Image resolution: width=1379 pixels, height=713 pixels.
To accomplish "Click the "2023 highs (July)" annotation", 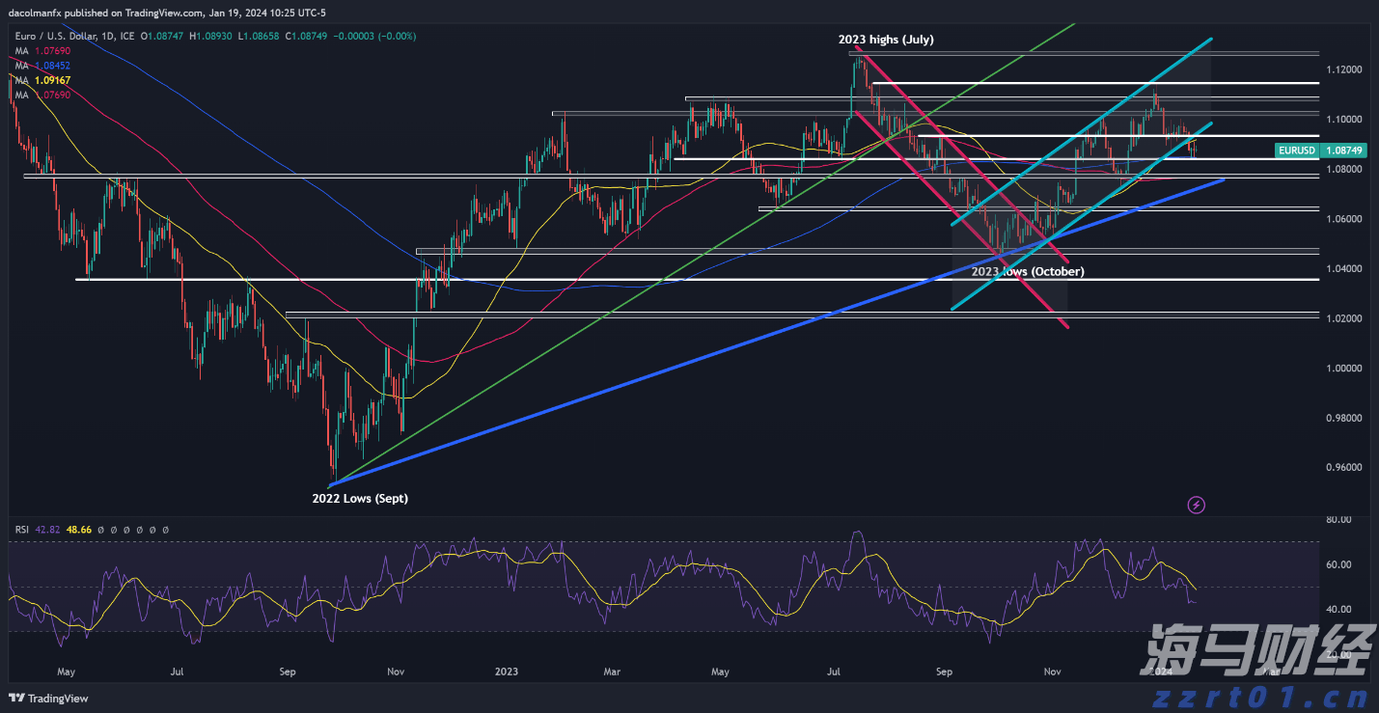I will pos(885,40).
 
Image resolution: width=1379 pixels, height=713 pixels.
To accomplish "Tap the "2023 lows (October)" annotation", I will pos(1027,272).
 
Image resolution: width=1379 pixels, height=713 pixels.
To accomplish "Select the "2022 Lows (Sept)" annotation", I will pos(359,499).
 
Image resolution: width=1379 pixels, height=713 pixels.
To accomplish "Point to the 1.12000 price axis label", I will pos(1343,70).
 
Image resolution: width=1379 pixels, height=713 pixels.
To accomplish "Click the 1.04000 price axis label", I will pos(1343,269).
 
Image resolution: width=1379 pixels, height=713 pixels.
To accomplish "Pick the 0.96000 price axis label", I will pos(1343,468).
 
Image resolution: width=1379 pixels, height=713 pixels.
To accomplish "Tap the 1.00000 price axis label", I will pos(1343,369).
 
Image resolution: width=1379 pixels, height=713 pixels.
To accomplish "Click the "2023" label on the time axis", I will pos(507,670).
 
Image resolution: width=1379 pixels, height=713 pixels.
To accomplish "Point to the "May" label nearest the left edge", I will pos(66,670).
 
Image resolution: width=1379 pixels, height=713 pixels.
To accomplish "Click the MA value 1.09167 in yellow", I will pos(51,81).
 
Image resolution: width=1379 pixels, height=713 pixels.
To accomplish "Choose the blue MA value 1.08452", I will pos(51,66).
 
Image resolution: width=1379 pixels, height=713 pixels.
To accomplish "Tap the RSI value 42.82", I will pos(47,530).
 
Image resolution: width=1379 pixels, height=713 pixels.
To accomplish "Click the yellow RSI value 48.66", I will pos(79,530).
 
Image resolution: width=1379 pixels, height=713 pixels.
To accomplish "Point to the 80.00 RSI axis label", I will pos(1339,520).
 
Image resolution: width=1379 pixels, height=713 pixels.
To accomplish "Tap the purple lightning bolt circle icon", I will pos(1197,505).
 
